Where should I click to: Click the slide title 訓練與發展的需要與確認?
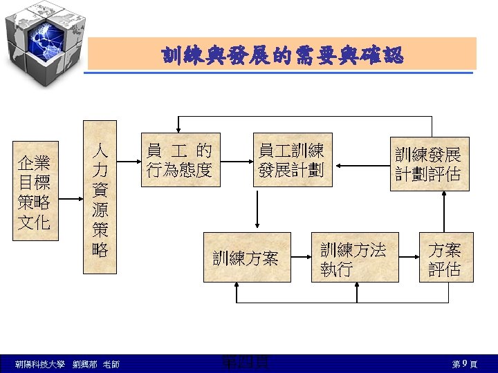(282, 55)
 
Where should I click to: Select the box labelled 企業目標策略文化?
(35, 192)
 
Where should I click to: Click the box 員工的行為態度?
(180, 160)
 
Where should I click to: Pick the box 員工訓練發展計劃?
(292, 160)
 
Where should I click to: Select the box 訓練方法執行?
(355, 258)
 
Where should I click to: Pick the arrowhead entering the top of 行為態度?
(180, 128)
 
